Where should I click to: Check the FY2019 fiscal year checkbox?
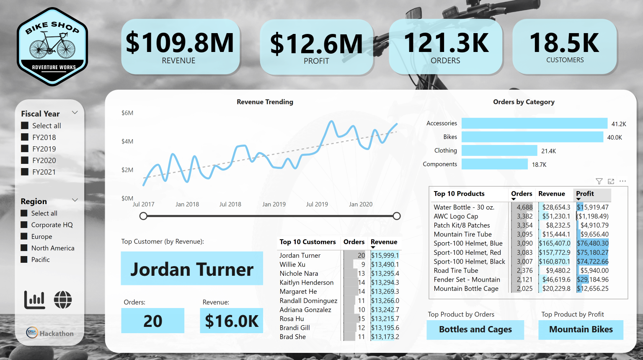pyautogui.click(x=25, y=149)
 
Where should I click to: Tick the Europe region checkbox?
pyautogui.click(x=24, y=236)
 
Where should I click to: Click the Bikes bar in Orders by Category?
pyautogui.click(x=532, y=137)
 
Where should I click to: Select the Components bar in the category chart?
pyautogui.click(x=494, y=164)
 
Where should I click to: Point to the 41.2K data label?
pyautogui.click(x=618, y=124)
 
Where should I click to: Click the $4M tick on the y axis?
pyautogui.click(x=127, y=142)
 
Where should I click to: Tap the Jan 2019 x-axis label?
pyautogui.click(x=274, y=205)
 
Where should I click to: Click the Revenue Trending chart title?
pyautogui.click(x=265, y=102)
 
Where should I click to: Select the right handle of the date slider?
pyautogui.click(x=397, y=216)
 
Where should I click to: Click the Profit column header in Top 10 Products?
pyautogui.click(x=585, y=194)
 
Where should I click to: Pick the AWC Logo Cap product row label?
pyautogui.click(x=456, y=216)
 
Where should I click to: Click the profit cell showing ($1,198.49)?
pyautogui.click(x=592, y=216)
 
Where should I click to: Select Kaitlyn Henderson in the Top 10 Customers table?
pyautogui.click(x=307, y=282)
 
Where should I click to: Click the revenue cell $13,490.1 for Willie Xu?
pyautogui.click(x=385, y=264)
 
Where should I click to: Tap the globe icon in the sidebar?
pyautogui.click(x=63, y=300)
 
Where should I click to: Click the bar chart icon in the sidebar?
pyautogui.click(x=35, y=300)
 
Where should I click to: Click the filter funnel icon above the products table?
pyautogui.click(x=599, y=181)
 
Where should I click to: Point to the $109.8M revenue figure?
pyautogui.click(x=180, y=43)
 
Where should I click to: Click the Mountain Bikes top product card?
pyautogui.click(x=581, y=329)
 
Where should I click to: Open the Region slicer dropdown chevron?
pyautogui.click(x=75, y=200)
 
